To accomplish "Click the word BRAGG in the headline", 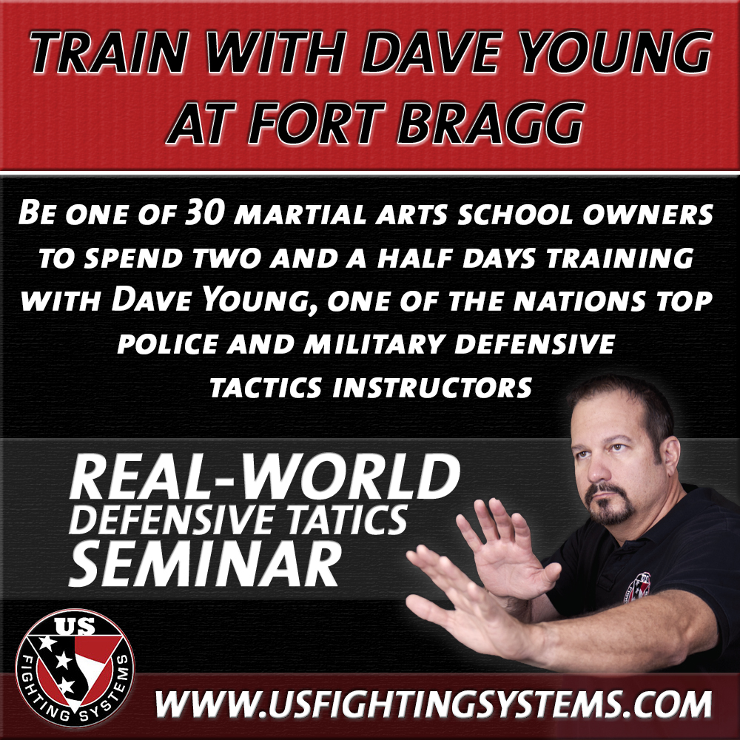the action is [490, 123].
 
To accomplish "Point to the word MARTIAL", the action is [300, 215].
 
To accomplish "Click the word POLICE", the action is [167, 343].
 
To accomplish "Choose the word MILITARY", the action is [374, 343].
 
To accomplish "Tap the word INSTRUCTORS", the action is [432, 388].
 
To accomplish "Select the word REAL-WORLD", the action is [264, 477].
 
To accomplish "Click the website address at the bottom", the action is [433, 704].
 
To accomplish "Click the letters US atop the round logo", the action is [75, 626].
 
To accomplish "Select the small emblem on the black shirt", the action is [638, 587].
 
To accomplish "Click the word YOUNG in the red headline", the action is [616, 52].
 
